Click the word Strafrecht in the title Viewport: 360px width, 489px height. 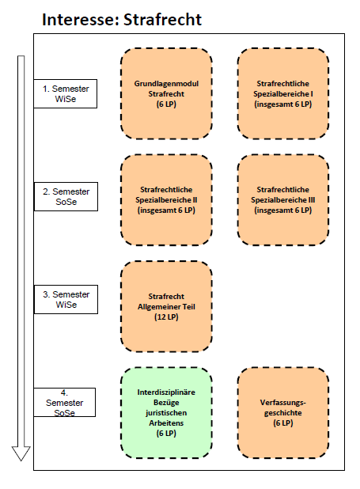click(162, 20)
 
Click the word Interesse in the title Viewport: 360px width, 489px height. click(80, 20)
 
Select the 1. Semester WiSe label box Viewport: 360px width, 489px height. click(66, 93)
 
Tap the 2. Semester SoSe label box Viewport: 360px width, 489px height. click(66, 196)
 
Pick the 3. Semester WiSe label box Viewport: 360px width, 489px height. click(66, 299)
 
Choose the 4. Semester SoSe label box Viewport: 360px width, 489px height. click(65, 402)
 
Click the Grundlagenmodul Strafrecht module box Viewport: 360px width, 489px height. click(166, 93)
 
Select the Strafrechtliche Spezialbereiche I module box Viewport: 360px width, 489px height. click(283, 93)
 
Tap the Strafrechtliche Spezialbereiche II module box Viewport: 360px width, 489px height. click(166, 200)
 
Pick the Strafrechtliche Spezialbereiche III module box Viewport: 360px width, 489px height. click(283, 200)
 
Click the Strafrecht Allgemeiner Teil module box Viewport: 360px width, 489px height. click(166, 306)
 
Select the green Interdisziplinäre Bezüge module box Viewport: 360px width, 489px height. click(166, 413)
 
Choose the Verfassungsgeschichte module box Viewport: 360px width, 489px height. click(283, 413)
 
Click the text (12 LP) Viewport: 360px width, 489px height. click(166, 317)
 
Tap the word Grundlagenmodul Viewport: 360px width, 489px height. click(166, 84)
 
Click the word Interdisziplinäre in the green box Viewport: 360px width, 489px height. click(166, 392)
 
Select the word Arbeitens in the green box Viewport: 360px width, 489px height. click(166, 423)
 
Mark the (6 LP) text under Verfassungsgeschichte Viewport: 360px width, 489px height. click(283, 423)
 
